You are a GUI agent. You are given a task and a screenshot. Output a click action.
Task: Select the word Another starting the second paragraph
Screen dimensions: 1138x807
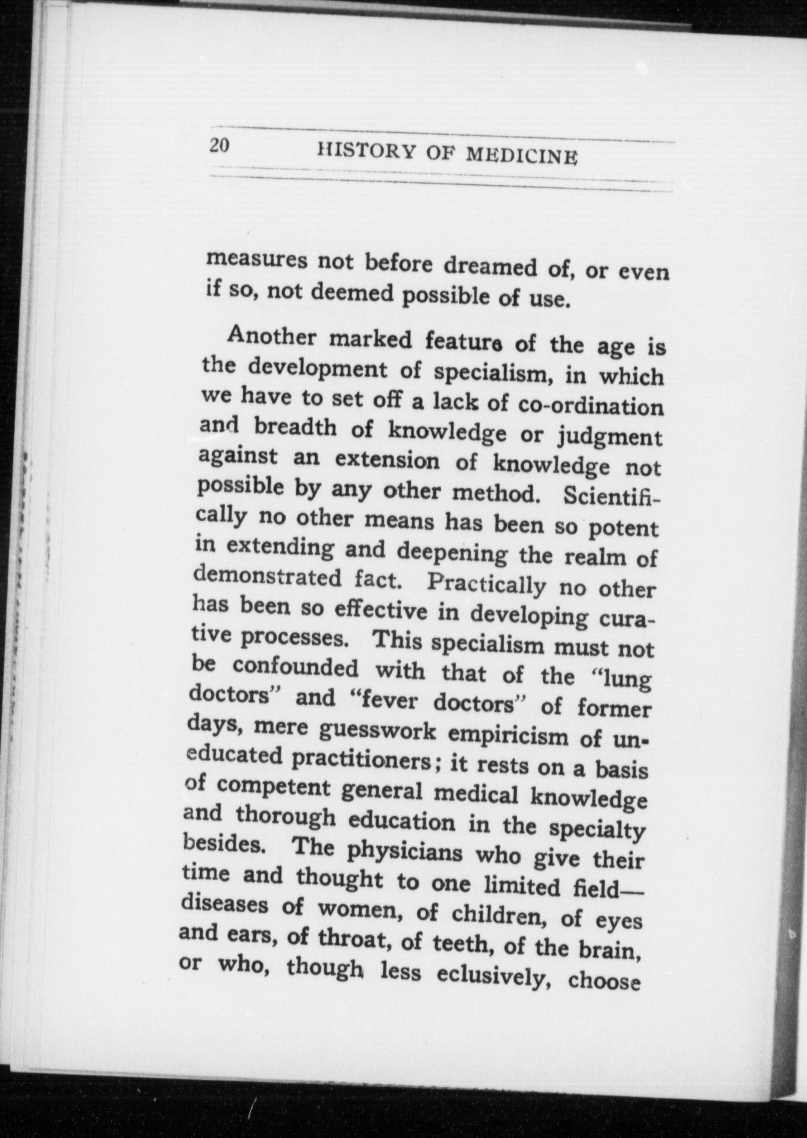tap(273, 336)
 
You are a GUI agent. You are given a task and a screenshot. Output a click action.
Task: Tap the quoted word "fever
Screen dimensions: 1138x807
tap(385, 700)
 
